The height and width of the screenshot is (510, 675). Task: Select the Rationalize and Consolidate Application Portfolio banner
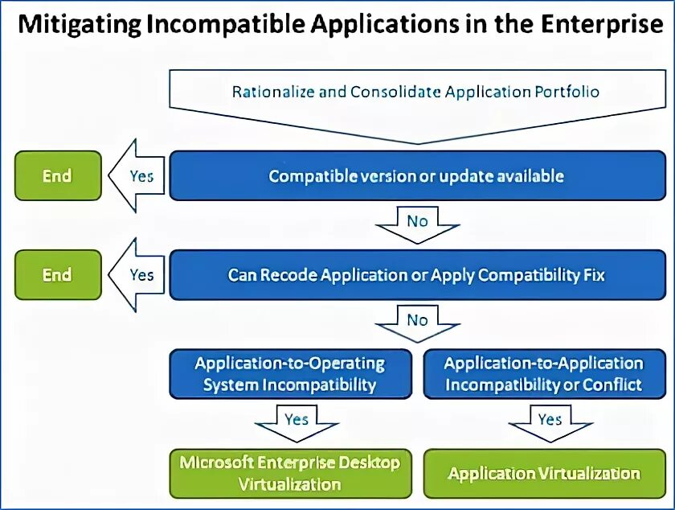(x=415, y=92)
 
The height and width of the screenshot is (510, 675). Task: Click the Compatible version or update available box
(x=415, y=175)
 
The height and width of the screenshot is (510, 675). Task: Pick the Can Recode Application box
(x=415, y=275)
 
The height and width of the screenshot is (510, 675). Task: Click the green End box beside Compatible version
(x=57, y=175)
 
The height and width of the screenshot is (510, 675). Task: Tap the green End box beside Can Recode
(x=57, y=275)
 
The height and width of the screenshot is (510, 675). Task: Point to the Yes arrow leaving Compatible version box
(x=137, y=175)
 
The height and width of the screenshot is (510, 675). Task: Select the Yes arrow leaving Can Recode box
(x=137, y=275)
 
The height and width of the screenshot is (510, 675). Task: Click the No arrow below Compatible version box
(x=416, y=222)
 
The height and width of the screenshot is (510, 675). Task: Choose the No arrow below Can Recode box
(x=416, y=322)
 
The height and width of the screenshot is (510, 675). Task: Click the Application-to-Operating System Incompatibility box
(x=289, y=374)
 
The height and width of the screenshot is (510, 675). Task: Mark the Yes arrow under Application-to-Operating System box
(x=295, y=422)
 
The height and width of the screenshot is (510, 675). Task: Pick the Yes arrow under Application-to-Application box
(x=549, y=422)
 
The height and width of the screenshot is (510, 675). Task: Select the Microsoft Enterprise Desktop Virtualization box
(x=289, y=473)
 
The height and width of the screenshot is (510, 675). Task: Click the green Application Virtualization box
(x=543, y=473)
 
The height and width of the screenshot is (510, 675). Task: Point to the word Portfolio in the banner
(x=567, y=92)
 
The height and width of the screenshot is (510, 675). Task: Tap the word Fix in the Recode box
(x=593, y=275)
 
